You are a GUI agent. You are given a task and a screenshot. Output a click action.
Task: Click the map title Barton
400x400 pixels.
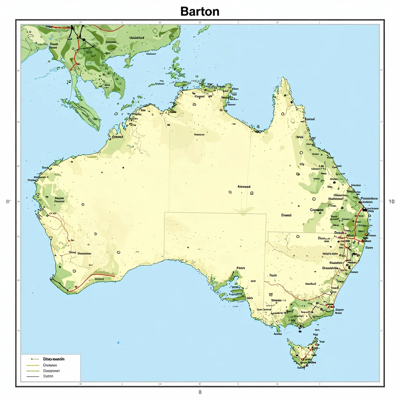pos(200,11)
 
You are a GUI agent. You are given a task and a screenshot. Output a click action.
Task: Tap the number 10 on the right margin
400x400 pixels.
pos(392,202)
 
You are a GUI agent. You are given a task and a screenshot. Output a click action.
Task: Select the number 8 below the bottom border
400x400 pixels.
pos(200,392)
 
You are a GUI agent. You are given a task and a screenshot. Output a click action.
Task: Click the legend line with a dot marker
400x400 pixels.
pos(33,359)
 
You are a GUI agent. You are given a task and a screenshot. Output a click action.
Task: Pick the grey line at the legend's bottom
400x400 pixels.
pos(33,377)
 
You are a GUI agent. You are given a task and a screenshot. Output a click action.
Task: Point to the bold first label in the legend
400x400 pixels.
pos(54,358)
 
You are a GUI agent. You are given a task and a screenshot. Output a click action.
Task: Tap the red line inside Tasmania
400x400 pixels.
pos(309,354)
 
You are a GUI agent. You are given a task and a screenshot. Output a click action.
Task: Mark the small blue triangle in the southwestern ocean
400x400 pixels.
pos(118,343)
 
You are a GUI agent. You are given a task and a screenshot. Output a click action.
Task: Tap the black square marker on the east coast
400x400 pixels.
pos(365,210)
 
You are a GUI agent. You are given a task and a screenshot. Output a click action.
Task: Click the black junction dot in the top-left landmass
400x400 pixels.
pos(83,39)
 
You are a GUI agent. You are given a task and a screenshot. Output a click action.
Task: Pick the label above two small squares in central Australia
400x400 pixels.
pos(244,187)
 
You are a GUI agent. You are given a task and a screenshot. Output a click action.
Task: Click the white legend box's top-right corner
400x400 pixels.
pos(80,355)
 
